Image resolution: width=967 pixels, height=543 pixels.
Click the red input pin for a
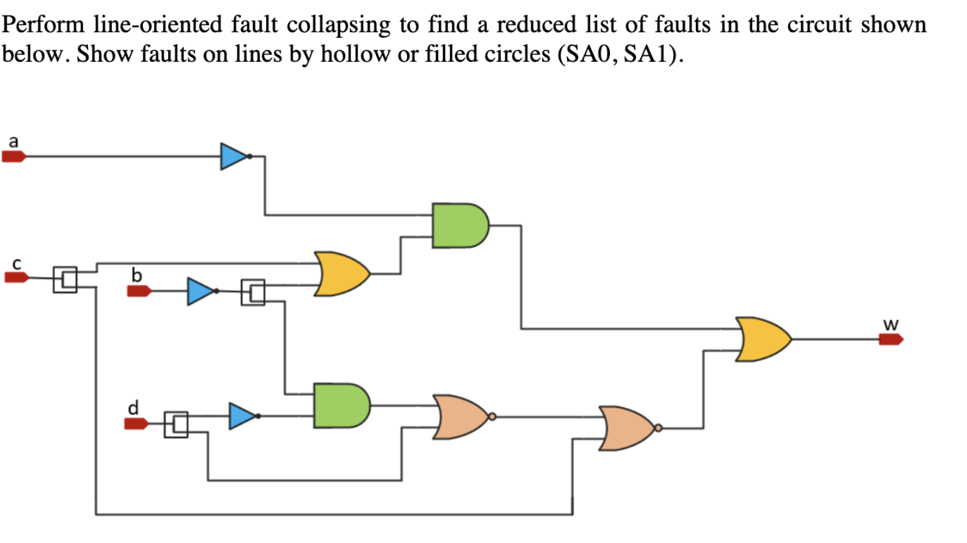coord(13,157)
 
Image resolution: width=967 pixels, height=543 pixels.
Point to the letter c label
coord(17,262)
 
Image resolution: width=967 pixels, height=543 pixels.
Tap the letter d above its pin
coord(133,407)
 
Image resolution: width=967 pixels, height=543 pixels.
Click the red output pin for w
coord(891,340)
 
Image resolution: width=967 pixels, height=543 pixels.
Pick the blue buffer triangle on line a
coord(233,156)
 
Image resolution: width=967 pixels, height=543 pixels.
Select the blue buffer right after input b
coord(201,291)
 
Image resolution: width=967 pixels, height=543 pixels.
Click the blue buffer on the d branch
coord(242,416)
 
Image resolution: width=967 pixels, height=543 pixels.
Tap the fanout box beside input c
coord(65,279)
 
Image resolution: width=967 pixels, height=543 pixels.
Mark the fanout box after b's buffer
coord(253,292)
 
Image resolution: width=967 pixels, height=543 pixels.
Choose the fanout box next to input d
coord(176,424)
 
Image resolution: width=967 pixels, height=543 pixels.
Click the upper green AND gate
coord(459,225)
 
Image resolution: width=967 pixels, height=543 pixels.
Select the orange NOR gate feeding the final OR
coord(628,428)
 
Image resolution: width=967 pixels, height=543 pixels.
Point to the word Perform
coord(44,25)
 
